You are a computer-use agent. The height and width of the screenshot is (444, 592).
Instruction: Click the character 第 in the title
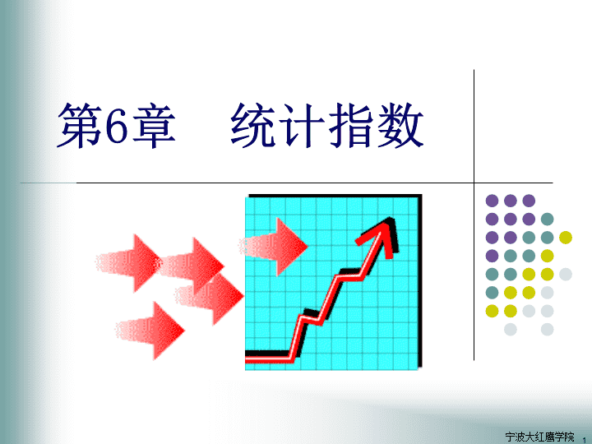pos(80,125)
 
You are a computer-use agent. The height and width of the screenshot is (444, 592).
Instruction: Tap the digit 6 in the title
pos(117,126)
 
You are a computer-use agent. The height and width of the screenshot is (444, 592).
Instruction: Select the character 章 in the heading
pos(154,125)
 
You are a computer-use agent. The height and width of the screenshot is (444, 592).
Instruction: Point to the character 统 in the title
pos(253,125)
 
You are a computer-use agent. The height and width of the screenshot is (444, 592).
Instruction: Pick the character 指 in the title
pos(351,125)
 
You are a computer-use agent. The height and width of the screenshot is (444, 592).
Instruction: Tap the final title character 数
pos(400,125)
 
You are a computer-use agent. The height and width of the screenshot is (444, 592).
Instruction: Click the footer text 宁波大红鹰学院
pos(539,437)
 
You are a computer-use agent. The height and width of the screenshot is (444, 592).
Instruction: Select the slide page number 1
pos(585,440)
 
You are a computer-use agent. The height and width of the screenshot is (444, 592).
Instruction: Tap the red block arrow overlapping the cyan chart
pos(273,247)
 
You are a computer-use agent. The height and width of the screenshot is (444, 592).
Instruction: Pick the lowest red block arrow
pos(150,331)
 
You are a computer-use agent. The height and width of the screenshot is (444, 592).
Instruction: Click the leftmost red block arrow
pos(129,263)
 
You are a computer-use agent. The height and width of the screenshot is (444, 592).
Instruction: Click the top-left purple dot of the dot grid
pos(492,201)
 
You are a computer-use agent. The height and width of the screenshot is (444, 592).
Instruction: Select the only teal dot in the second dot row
pos(547,219)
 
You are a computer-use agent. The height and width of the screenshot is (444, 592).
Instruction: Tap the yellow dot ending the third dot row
pos(566,238)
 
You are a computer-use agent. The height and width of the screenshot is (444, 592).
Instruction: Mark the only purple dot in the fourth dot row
pos(492,256)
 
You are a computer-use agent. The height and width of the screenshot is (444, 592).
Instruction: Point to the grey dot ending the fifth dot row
pos(566,274)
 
